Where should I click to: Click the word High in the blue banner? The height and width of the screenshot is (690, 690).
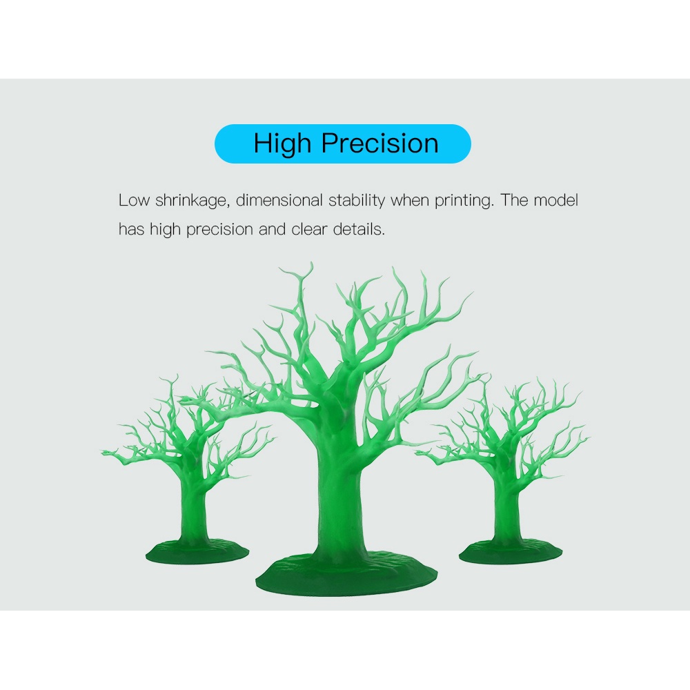click(x=282, y=144)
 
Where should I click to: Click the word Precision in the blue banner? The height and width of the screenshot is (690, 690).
click(x=379, y=143)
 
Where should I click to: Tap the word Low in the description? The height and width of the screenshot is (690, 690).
click(x=134, y=200)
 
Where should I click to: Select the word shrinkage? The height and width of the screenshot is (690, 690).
click(x=193, y=201)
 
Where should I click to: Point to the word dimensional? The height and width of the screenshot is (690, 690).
click(x=279, y=200)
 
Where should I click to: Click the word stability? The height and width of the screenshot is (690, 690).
click(x=357, y=201)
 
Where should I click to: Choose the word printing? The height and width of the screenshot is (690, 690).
click(x=464, y=201)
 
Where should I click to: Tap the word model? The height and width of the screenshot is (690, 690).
click(x=555, y=200)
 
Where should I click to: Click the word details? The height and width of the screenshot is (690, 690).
click(x=359, y=229)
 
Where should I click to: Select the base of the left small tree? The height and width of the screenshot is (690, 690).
click(x=197, y=552)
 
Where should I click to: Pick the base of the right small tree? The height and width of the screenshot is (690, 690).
click(x=511, y=553)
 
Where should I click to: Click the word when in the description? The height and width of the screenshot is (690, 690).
click(x=410, y=200)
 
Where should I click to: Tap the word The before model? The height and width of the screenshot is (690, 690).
click(x=514, y=200)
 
